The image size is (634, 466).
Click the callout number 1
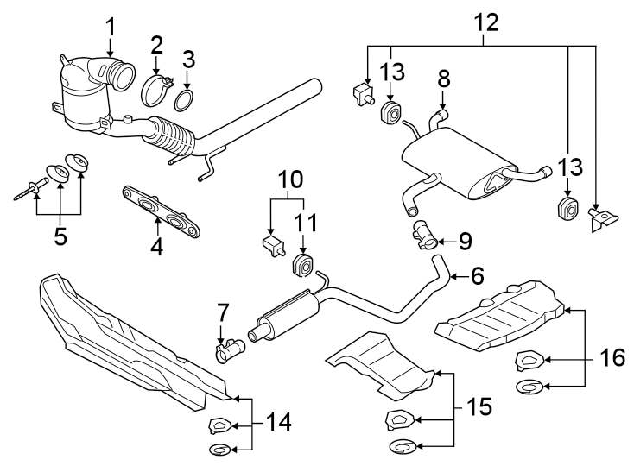pos(111,28)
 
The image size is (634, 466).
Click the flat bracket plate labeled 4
pos(162,211)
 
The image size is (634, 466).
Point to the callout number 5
pos(60,236)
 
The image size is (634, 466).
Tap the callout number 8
pos(444,79)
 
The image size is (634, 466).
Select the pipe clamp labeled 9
pos(424,236)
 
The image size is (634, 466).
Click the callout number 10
pos(290,179)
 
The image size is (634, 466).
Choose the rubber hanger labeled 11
pos(302,265)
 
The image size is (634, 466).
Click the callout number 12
pos(486,22)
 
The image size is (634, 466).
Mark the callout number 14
pos(278,422)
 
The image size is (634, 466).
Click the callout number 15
pos(479,406)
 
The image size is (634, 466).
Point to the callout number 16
pos(612,357)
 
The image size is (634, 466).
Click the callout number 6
pos(477,276)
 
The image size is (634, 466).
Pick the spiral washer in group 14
pos(221,449)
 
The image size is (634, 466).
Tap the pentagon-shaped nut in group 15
pos(400,419)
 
